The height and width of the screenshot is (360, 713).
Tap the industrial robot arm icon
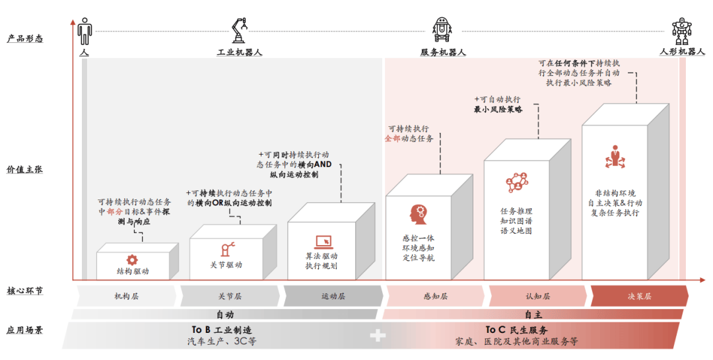point(239,30)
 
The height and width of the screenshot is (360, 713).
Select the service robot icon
point(442,30)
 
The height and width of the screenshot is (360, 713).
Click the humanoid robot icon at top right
point(681,30)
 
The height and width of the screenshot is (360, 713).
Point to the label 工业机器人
point(240,52)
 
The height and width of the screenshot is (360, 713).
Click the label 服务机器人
point(443,52)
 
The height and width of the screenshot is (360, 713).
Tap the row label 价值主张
point(25,170)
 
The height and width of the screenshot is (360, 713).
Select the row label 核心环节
point(25,291)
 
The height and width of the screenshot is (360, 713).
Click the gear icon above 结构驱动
point(132,260)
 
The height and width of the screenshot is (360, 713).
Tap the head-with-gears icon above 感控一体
point(418,213)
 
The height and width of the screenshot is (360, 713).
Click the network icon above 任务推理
point(516,181)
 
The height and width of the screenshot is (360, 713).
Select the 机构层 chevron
point(126,297)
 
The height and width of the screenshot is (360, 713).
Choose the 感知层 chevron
point(436,297)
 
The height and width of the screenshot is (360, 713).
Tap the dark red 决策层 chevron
point(639,297)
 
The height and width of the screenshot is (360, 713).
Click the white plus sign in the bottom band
point(378,336)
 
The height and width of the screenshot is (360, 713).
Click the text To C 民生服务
point(516,330)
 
